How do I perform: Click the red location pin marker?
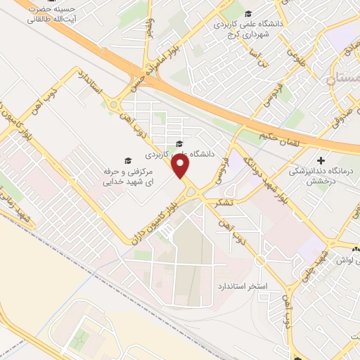coord(181,166)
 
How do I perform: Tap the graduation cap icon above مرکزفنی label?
coord(127,161)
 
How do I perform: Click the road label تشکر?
coord(226,202)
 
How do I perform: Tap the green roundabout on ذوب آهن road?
coord(113,105)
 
